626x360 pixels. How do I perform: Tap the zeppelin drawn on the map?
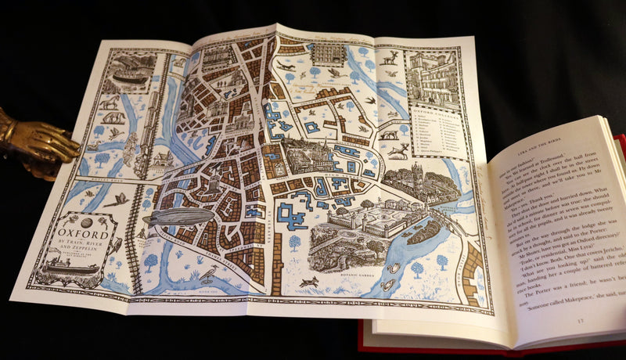178,216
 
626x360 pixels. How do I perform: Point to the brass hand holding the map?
35,141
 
